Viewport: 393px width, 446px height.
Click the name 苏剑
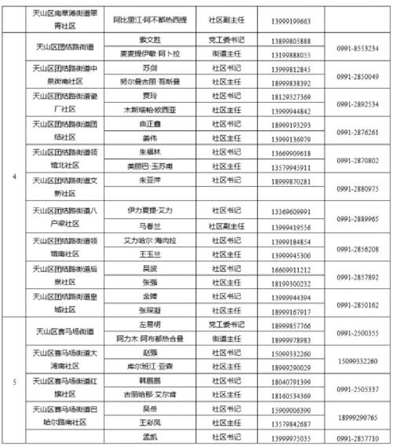pyautogui.click(x=148, y=70)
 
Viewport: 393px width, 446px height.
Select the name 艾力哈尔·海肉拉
pyautogui.click(x=148, y=242)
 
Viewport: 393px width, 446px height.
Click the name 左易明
pyautogui.click(x=148, y=325)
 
